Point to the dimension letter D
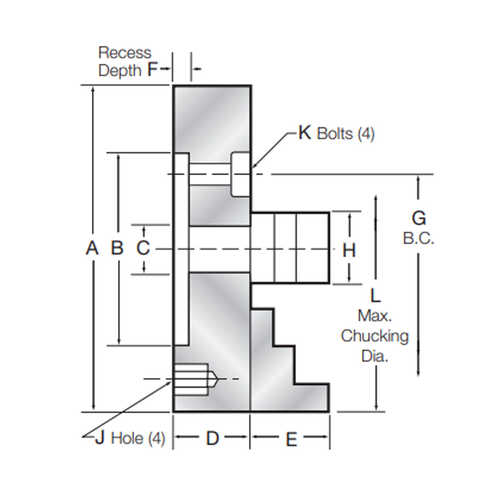pyautogui.click(x=212, y=438)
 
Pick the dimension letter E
pyautogui.click(x=291, y=439)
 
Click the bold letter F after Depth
pyautogui.click(x=152, y=70)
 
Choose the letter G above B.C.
pyautogui.click(x=419, y=218)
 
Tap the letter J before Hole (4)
pyautogui.click(x=100, y=438)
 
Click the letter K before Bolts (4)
pyautogui.click(x=305, y=133)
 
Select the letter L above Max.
pyautogui.click(x=375, y=296)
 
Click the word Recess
pyautogui.click(x=125, y=53)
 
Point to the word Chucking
pyautogui.click(x=375, y=336)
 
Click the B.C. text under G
pyautogui.click(x=418, y=238)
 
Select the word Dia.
pyautogui.click(x=375, y=356)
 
